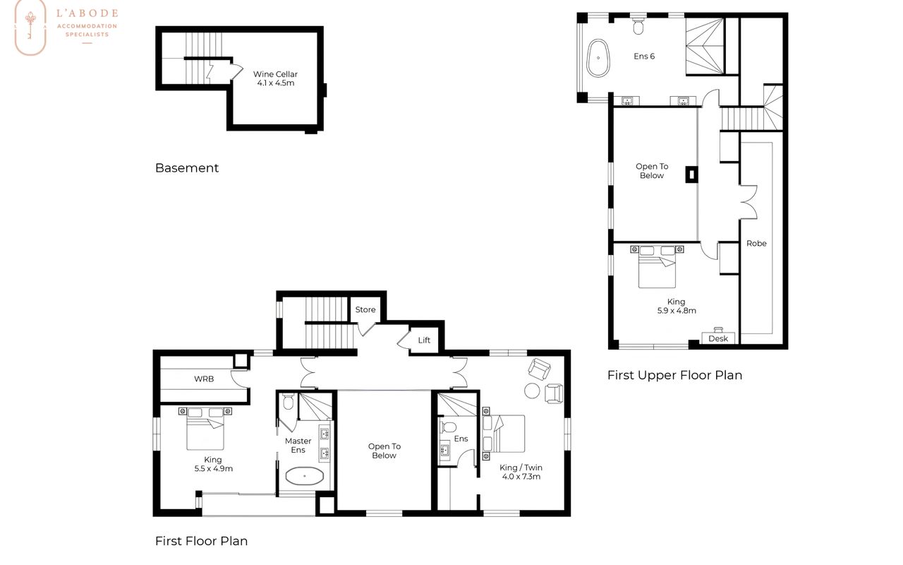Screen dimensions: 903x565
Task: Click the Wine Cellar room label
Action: pyautogui.click(x=275, y=74)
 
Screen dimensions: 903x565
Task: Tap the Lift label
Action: pyautogui.click(x=424, y=340)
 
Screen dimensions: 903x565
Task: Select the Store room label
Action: pyautogui.click(x=365, y=309)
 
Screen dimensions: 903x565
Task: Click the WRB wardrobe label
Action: pyautogui.click(x=204, y=379)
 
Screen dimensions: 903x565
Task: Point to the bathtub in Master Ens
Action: pyautogui.click(x=304, y=476)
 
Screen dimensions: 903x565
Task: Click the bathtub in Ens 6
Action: pyautogui.click(x=598, y=58)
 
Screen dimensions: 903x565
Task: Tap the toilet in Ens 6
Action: pyautogui.click(x=638, y=25)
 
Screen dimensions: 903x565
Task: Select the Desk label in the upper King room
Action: pyautogui.click(x=718, y=338)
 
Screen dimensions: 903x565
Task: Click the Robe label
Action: pyautogui.click(x=756, y=244)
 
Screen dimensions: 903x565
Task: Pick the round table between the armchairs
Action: pyautogui.click(x=532, y=391)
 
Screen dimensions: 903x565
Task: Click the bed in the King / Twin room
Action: pyautogui.click(x=504, y=434)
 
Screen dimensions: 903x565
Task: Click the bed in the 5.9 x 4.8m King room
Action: pyautogui.click(x=657, y=267)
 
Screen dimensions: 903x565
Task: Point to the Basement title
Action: pyautogui.click(x=187, y=168)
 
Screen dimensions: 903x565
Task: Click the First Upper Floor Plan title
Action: pyautogui.click(x=675, y=375)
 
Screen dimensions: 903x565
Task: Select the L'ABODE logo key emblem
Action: pyautogui.click(x=30, y=26)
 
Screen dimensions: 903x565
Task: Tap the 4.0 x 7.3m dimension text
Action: pyautogui.click(x=521, y=477)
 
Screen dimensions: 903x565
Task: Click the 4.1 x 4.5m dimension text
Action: pyautogui.click(x=276, y=83)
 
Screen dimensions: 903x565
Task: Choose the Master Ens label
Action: pyautogui.click(x=298, y=446)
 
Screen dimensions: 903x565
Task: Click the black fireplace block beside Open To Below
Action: pyautogui.click(x=691, y=174)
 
